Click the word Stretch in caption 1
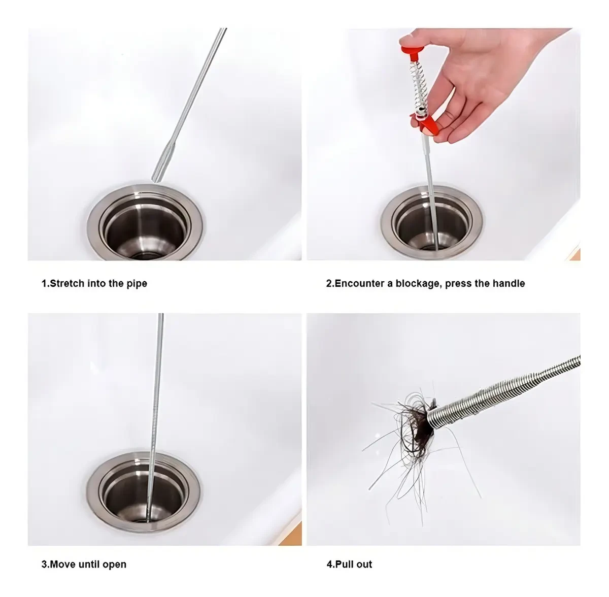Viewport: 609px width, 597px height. [x=67, y=283]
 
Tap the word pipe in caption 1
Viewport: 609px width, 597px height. [x=137, y=284]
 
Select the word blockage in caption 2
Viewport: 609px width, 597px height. [x=417, y=284]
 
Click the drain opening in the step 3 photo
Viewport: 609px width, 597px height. [x=144, y=500]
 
